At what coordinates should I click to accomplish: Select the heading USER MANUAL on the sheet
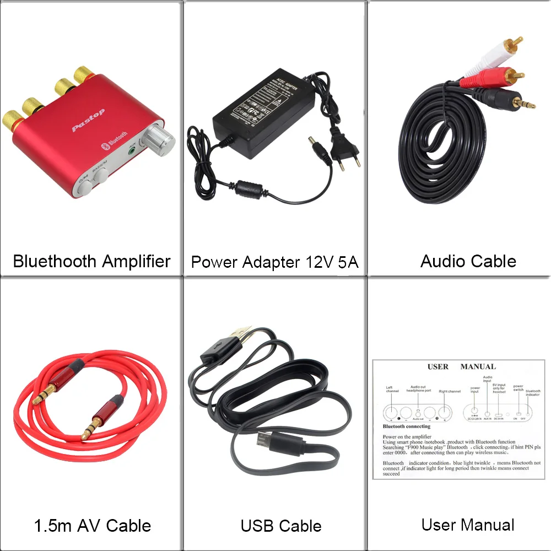(x=461, y=366)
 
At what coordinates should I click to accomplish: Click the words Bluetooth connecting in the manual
(x=406, y=426)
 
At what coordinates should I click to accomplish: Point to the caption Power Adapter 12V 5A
(x=274, y=262)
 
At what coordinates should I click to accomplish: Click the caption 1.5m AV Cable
(x=93, y=526)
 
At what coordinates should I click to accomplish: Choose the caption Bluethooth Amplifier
(x=91, y=261)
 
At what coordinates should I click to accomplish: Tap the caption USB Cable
(x=281, y=526)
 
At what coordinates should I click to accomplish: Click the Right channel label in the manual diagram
(x=450, y=391)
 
